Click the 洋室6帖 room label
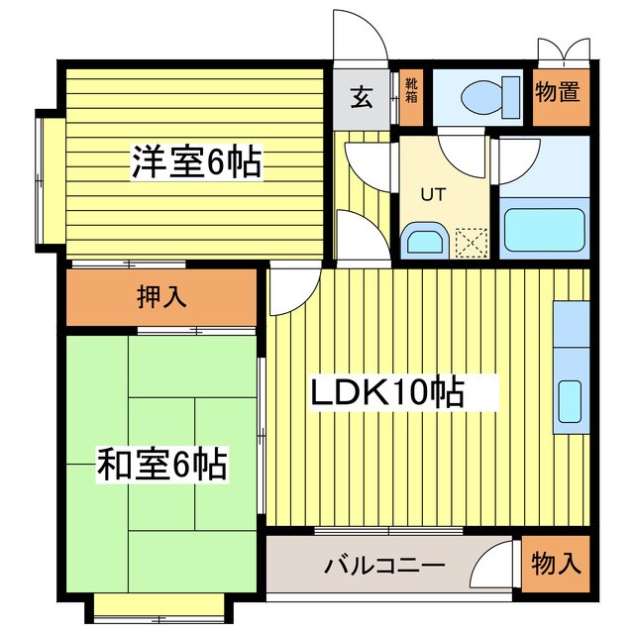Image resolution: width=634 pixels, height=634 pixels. click(x=197, y=161)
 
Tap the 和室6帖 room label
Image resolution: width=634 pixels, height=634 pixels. click(x=160, y=463)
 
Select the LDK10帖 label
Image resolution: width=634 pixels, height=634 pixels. click(x=388, y=393)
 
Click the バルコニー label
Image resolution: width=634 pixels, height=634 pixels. click(x=383, y=567)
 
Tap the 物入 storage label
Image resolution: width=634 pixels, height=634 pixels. click(x=554, y=566)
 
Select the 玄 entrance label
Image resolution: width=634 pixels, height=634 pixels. click(x=363, y=97)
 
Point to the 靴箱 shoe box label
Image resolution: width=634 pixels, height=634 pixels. click(x=411, y=92)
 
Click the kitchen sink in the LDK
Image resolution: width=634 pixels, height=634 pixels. click(x=570, y=400)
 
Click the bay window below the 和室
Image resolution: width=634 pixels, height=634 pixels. click(x=162, y=605)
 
